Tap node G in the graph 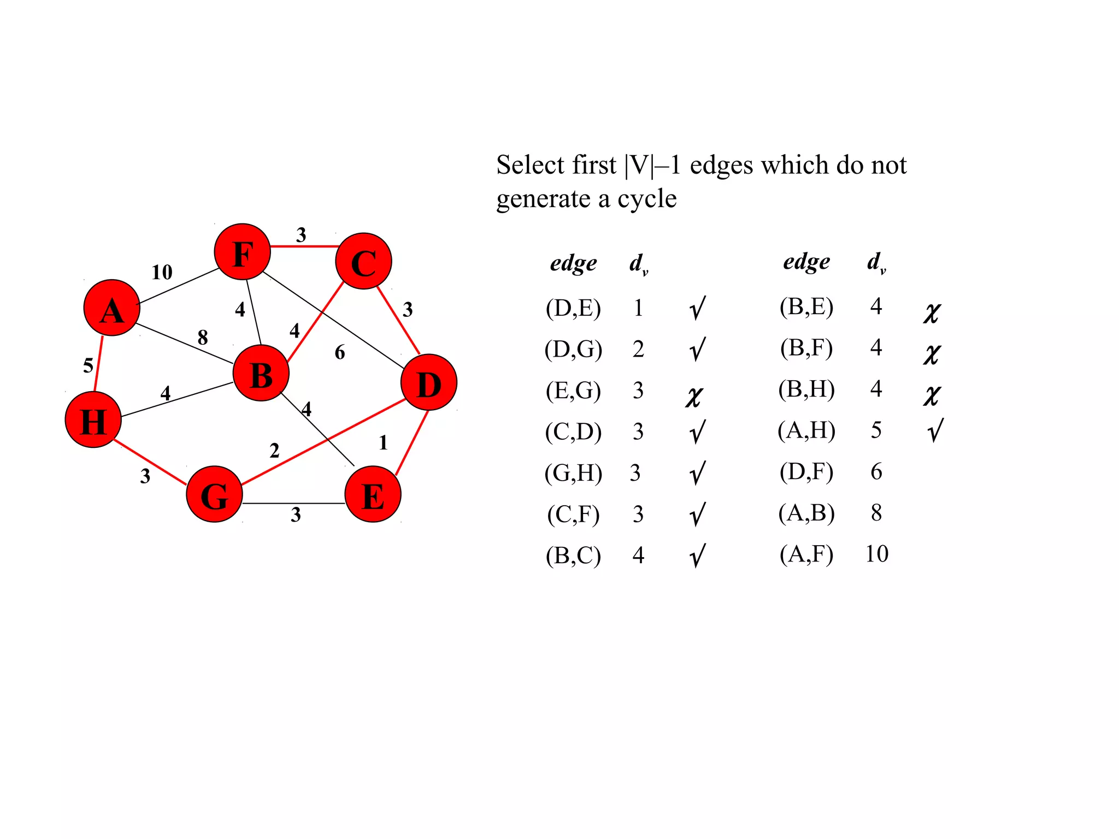(214, 494)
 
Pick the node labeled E (373, 494)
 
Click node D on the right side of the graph (428, 382)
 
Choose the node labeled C (363, 261)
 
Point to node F (242, 252)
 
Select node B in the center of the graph (261, 373)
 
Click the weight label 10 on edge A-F (162, 272)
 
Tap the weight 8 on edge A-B (203, 337)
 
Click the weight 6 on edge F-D (340, 352)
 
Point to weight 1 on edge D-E (383, 442)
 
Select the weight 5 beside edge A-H (88, 365)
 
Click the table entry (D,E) (573, 308)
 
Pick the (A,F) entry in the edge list (806, 554)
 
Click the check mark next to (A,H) (935, 430)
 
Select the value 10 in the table (876, 554)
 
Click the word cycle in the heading (647, 199)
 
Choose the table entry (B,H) (806, 389)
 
